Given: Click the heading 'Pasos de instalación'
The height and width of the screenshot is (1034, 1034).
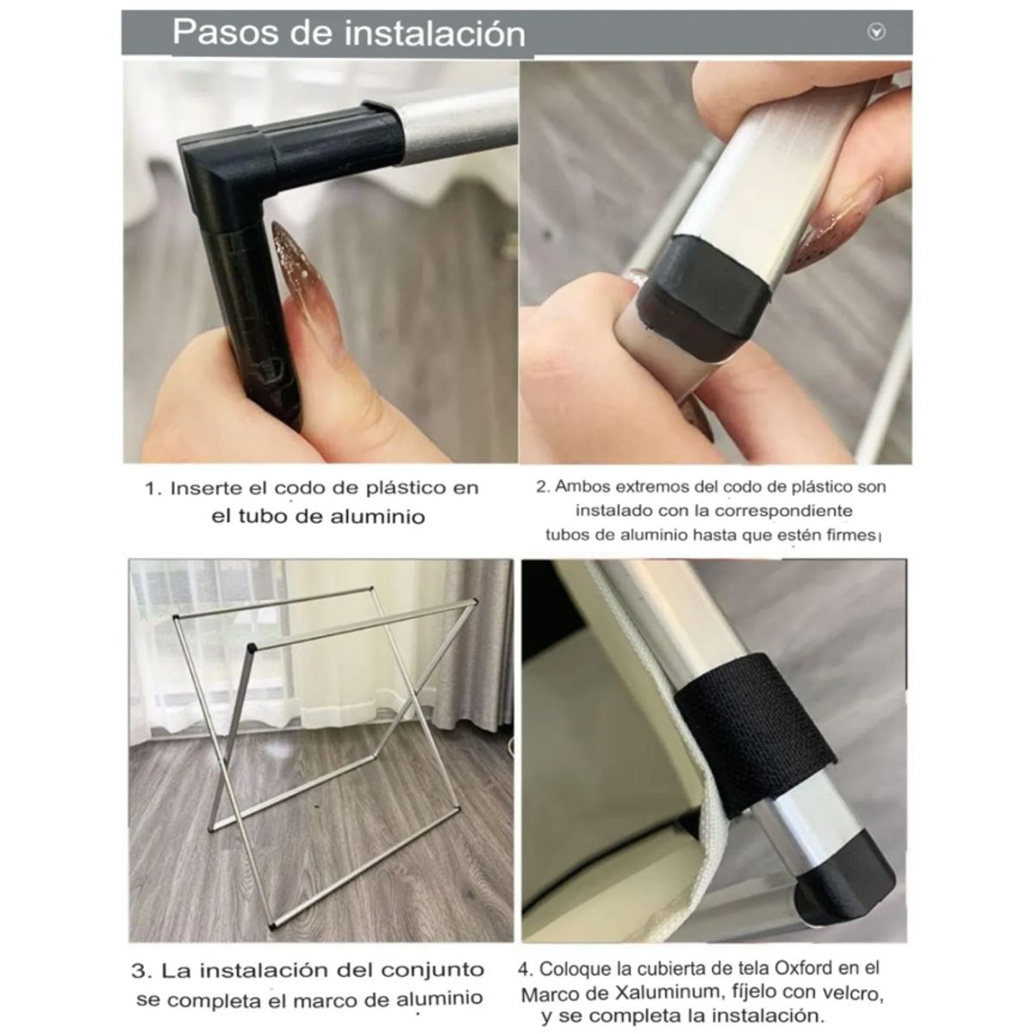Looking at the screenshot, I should click(x=348, y=33).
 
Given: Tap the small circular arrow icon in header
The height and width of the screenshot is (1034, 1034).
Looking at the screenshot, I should click(x=876, y=33).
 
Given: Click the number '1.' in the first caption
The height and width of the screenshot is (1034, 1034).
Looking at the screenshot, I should click(x=153, y=489).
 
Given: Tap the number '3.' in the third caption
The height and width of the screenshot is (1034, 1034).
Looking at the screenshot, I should click(x=142, y=970).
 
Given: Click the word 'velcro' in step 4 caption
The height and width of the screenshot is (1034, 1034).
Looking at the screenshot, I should click(x=852, y=994).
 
